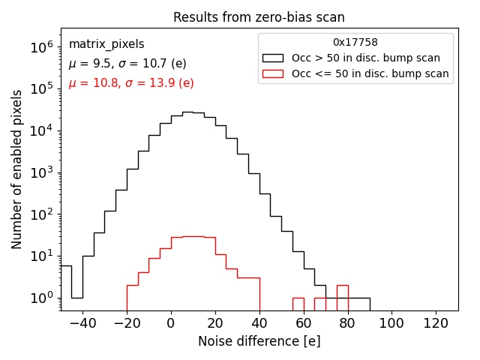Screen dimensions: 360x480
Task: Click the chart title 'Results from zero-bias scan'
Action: pos(259,17)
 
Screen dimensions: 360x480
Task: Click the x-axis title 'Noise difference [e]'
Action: pos(259,341)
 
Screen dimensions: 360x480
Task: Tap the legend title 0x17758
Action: pos(355,43)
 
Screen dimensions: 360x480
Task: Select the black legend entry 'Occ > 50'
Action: pos(365,58)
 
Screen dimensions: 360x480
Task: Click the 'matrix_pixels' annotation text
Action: pos(106,44)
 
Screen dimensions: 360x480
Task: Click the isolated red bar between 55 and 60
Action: pos(298,304)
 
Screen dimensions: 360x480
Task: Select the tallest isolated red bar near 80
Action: pos(342,297)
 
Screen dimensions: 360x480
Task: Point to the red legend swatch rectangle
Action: pos(274,73)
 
